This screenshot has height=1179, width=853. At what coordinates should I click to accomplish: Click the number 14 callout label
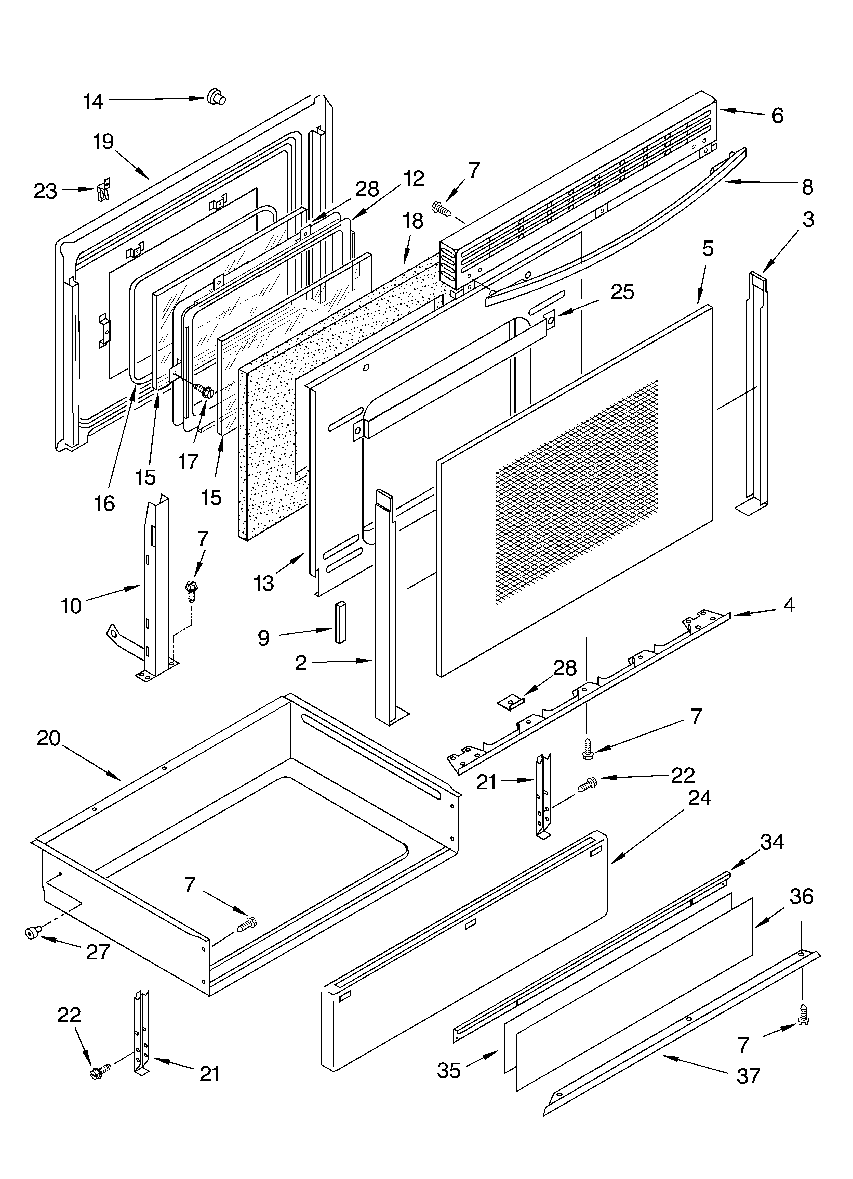[94, 102]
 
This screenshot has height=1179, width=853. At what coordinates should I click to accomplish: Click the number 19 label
[103, 141]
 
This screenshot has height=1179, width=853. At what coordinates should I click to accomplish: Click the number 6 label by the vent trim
[777, 116]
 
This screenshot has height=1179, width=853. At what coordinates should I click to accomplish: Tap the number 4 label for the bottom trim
[789, 605]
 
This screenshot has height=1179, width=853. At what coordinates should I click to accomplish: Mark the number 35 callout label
[449, 1071]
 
